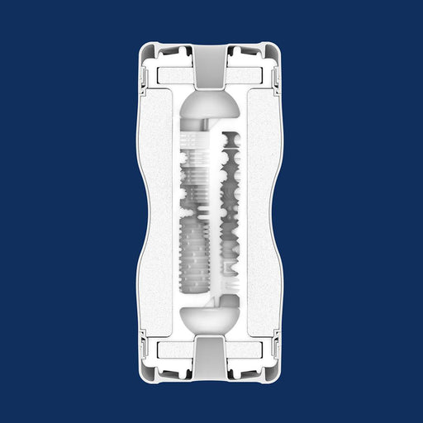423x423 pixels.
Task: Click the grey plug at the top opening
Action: point(211,63)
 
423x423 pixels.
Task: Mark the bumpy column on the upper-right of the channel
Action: point(231,165)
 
